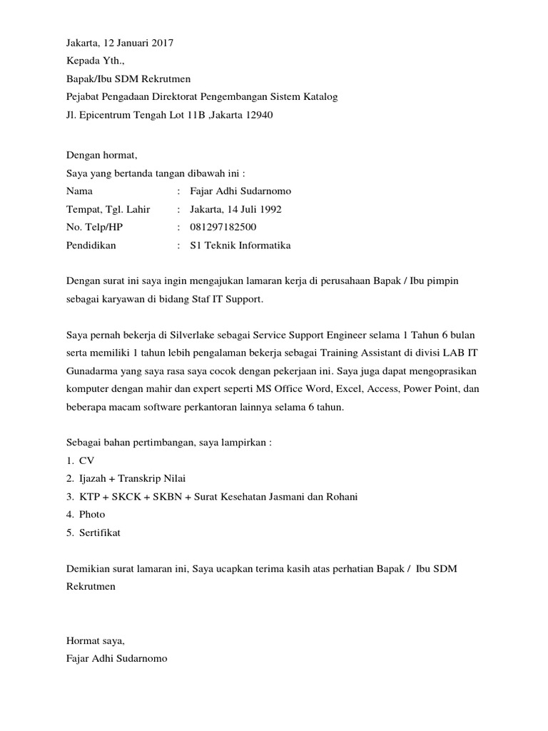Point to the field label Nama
[79, 191]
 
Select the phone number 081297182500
[223, 227]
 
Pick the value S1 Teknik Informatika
[240, 246]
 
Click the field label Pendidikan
[91, 246]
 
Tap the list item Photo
[92, 514]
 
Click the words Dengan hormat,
[100, 154]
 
